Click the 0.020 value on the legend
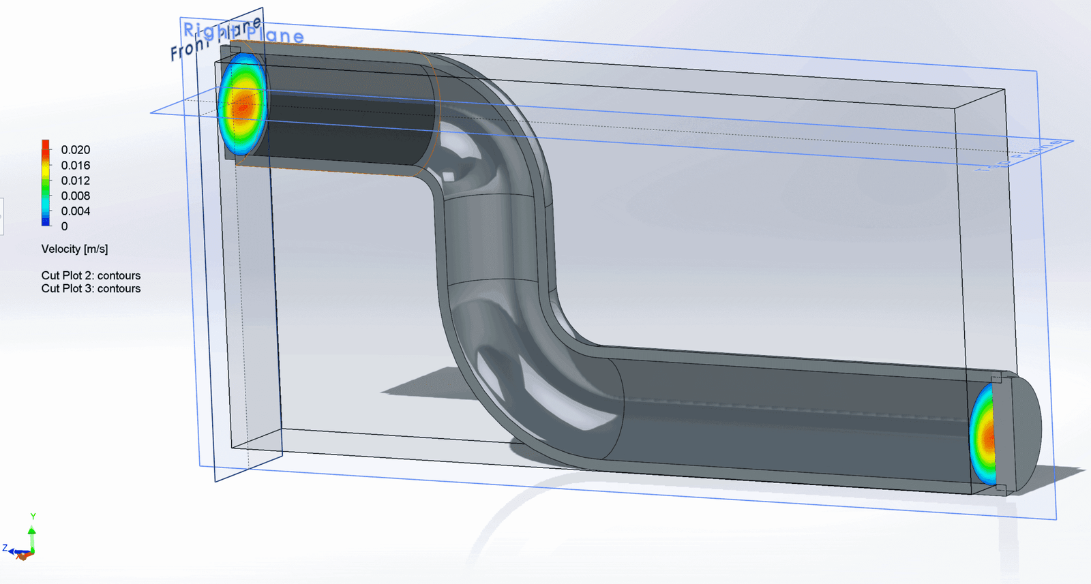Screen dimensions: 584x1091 pyautogui.click(x=75, y=150)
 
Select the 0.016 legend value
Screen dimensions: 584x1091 pyautogui.click(x=75, y=166)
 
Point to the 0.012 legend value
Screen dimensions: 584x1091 pyautogui.click(x=75, y=181)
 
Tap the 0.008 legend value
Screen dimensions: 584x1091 pyautogui.click(x=75, y=196)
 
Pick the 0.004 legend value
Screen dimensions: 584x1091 pyautogui.click(x=75, y=211)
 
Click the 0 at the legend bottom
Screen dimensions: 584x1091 pyautogui.click(x=65, y=226)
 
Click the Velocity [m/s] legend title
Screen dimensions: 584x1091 pyautogui.click(x=74, y=249)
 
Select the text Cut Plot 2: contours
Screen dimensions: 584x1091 pyautogui.click(x=91, y=275)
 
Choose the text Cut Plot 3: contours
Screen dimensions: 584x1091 pyautogui.click(x=91, y=289)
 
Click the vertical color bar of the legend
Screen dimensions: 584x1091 pyautogui.click(x=46, y=183)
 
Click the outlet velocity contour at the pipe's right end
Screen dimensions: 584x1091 pyautogui.click(x=983, y=434)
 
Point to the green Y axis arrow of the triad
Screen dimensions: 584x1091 pyautogui.click(x=31, y=531)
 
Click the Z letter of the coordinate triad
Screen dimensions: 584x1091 pyautogui.click(x=5, y=548)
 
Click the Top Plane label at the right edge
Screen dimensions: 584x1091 pyautogui.click(x=1019, y=156)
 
